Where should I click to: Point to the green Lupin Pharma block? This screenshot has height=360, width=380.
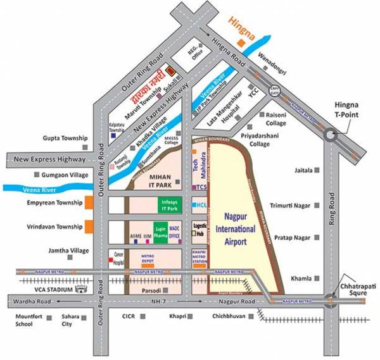click(x=160, y=232)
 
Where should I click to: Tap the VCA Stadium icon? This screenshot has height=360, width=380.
click(x=80, y=290)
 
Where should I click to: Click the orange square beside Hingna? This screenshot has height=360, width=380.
click(x=240, y=43)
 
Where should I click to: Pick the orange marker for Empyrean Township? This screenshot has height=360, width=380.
click(x=90, y=203)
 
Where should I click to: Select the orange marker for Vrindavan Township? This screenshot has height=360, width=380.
click(x=90, y=227)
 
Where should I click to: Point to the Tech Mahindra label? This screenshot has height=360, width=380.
click(x=199, y=166)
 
